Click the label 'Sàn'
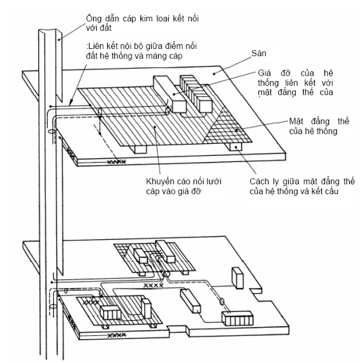tap(258, 53)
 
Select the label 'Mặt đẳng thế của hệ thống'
tap(319, 126)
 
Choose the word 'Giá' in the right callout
tap(264, 73)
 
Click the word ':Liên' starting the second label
tap(95, 46)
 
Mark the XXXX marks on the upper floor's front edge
tap(117, 162)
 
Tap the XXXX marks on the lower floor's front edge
tap(117, 335)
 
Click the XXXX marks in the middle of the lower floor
tap(154, 285)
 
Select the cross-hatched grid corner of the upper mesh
tap(228, 129)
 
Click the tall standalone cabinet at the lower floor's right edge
tap(237, 278)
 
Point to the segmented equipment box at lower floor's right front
tap(237, 318)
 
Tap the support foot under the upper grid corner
tap(235, 147)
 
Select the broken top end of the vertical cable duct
tap(50, 31)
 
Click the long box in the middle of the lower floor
tap(190, 301)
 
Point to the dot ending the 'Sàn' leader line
tap(214, 74)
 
